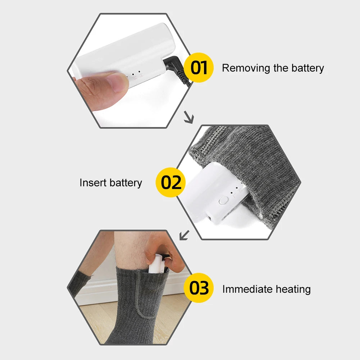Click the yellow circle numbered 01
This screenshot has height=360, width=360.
point(199,68)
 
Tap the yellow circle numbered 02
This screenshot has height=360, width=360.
point(171,182)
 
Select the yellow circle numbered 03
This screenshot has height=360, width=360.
point(199,288)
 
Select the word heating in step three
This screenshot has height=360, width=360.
point(293,289)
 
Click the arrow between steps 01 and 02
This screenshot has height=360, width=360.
point(189,118)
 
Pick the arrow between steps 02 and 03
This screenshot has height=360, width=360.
point(184,235)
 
